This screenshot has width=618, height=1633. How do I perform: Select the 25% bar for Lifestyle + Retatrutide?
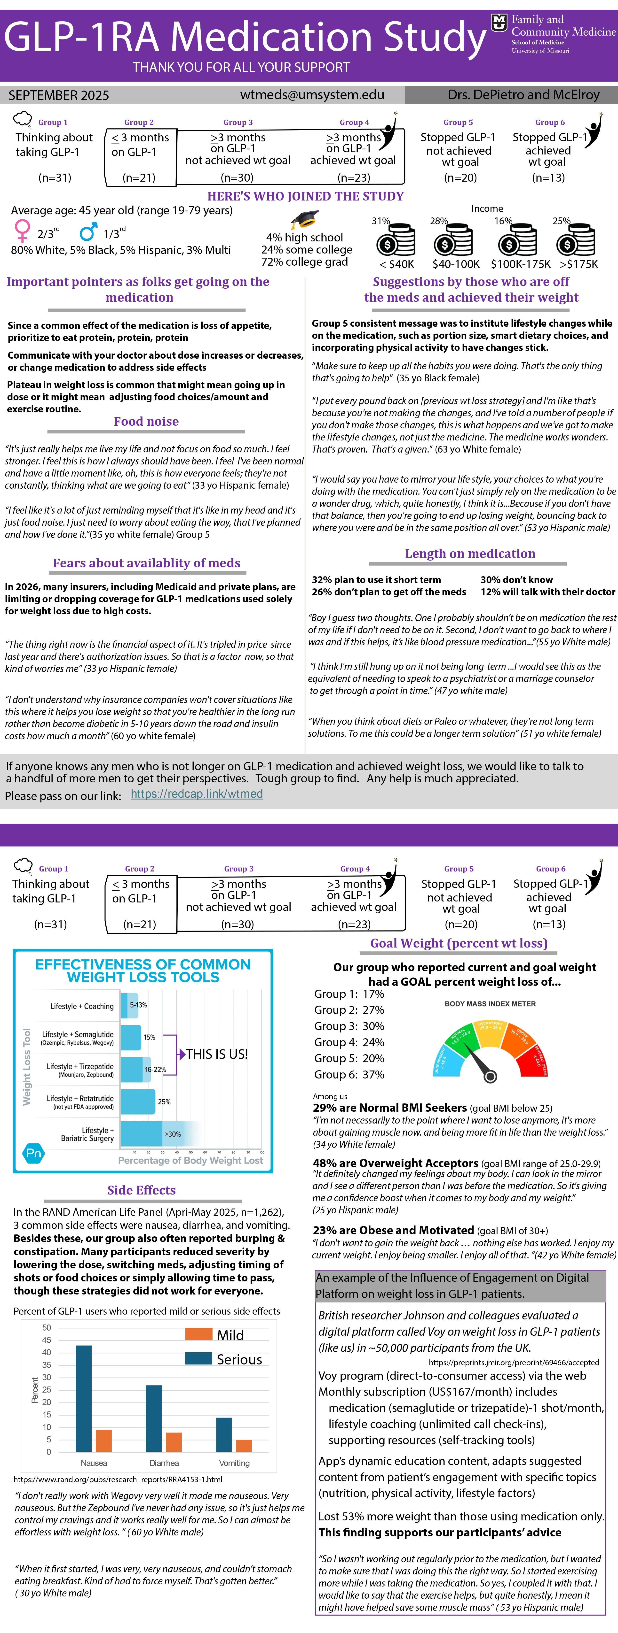138,1102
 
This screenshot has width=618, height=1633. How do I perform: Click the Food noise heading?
146,422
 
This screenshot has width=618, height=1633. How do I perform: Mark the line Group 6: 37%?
349,1075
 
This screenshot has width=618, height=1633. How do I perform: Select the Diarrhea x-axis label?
164,1463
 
